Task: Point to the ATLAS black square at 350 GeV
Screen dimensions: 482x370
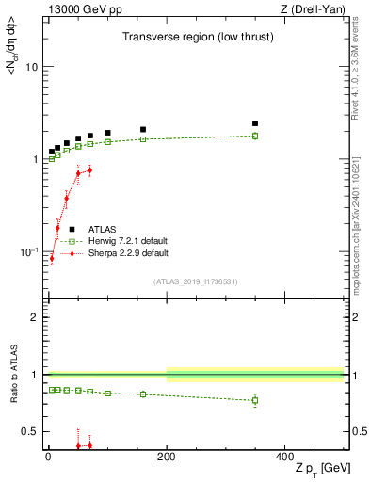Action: click(x=255, y=123)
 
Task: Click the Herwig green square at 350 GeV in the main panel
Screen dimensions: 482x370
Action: click(x=255, y=136)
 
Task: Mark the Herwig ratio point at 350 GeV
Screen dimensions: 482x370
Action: click(x=255, y=400)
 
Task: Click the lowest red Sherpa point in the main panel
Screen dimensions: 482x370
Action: click(x=52, y=259)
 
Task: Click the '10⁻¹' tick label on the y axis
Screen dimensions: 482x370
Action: click(x=29, y=251)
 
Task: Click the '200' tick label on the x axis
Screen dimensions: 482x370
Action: click(x=167, y=456)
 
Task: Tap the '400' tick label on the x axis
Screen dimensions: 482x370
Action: click(x=285, y=456)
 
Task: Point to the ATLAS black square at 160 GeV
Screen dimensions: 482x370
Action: click(x=143, y=130)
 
